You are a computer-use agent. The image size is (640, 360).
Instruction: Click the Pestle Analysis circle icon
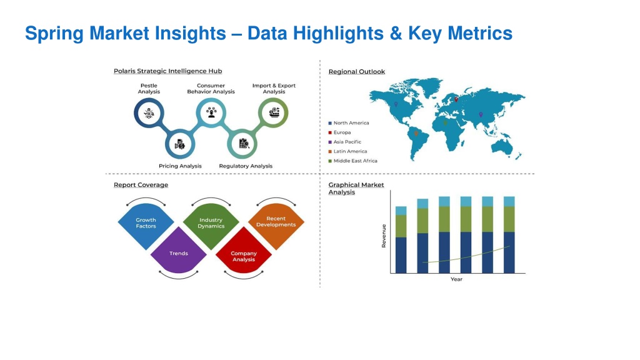[149, 113]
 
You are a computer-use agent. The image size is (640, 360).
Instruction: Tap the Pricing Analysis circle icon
[180, 144]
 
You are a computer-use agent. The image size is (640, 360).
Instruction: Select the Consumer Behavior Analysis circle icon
[211, 112]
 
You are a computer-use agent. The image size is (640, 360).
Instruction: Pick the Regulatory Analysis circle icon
[242, 144]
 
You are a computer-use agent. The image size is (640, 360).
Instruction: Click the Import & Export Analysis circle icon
[274, 112]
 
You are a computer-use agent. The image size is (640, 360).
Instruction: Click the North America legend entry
[349, 123]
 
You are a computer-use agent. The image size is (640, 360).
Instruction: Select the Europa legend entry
[339, 132]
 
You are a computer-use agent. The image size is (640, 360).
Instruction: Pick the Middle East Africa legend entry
[353, 161]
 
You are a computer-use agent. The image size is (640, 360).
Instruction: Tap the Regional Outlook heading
[357, 72]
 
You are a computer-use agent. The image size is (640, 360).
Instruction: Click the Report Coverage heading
[141, 185]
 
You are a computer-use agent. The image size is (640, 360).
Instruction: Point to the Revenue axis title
[384, 236]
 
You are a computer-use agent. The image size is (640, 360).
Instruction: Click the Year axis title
[456, 279]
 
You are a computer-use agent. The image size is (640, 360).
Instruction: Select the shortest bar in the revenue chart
[401, 240]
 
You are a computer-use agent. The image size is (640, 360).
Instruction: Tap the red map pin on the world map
[456, 99]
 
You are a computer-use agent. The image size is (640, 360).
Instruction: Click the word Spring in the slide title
[54, 34]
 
